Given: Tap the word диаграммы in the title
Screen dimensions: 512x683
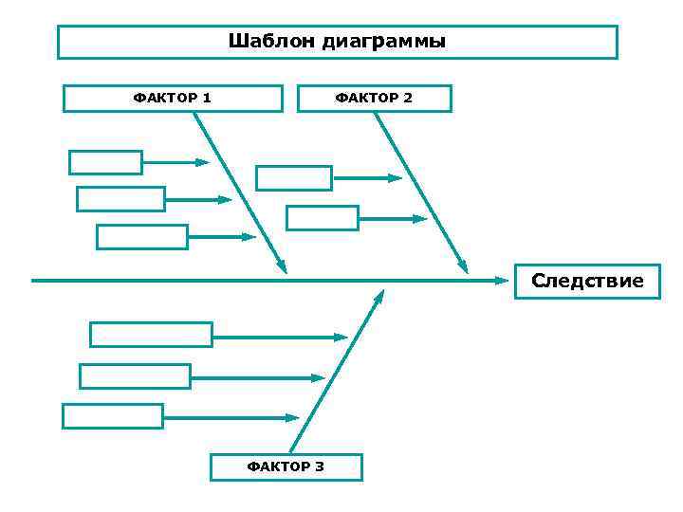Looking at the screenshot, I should tap(383, 42).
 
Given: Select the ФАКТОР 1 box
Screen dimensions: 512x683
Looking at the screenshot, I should tap(173, 98).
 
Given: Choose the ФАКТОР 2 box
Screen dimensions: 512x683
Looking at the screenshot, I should tap(374, 98).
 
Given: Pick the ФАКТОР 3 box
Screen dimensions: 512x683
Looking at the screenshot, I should tap(286, 466).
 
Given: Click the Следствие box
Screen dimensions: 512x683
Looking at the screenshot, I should tap(587, 281).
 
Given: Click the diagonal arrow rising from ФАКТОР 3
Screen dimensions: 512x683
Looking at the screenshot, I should tap(337, 371).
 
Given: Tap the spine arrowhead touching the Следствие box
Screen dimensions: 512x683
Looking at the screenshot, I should tap(503, 281).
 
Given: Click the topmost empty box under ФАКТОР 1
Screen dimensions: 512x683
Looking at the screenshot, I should tap(105, 162).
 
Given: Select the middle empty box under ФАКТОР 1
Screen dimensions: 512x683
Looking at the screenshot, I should tap(120, 199).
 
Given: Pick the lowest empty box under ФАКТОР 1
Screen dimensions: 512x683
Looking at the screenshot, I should tap(142, 236).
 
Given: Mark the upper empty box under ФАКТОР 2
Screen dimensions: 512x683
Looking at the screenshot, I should tap(294, 178).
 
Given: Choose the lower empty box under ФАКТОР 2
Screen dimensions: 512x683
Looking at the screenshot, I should tap(323, 218).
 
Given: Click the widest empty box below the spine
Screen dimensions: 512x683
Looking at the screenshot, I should tap(151, 335).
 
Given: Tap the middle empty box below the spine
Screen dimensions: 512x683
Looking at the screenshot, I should tap(135, 376).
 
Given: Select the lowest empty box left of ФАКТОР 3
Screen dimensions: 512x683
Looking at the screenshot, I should tap(113, 416).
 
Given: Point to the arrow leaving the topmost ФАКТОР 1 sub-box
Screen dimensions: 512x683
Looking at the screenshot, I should tap(175, 162).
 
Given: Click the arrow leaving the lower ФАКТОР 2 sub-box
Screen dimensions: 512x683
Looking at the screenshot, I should tap(394, 218).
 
